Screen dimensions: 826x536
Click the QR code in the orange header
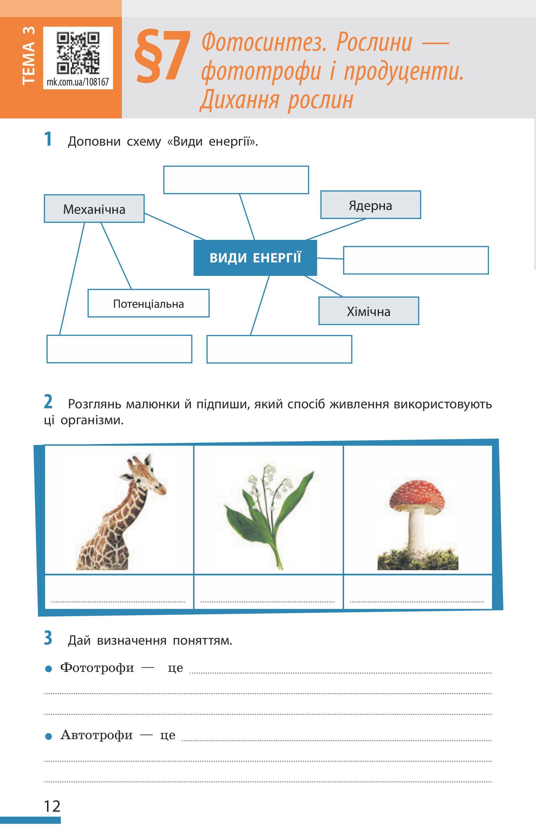(78, 53)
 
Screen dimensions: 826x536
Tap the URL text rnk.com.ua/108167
(78, 82)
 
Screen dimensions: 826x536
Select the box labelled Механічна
(94, 209)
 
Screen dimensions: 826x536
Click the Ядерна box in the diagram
(370, 205)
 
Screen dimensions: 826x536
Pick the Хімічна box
(369, 311)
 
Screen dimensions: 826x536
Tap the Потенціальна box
(148, 304)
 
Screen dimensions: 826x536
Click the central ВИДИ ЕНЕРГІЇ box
(255, 258)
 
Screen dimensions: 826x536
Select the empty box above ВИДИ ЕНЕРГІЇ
(236, 180)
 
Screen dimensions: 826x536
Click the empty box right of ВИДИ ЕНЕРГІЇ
(416, 260)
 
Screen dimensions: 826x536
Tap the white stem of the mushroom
(416, 531)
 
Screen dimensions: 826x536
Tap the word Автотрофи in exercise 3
(96, 735)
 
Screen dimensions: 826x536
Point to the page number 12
(52, 806)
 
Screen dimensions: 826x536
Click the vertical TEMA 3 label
(29, 56)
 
